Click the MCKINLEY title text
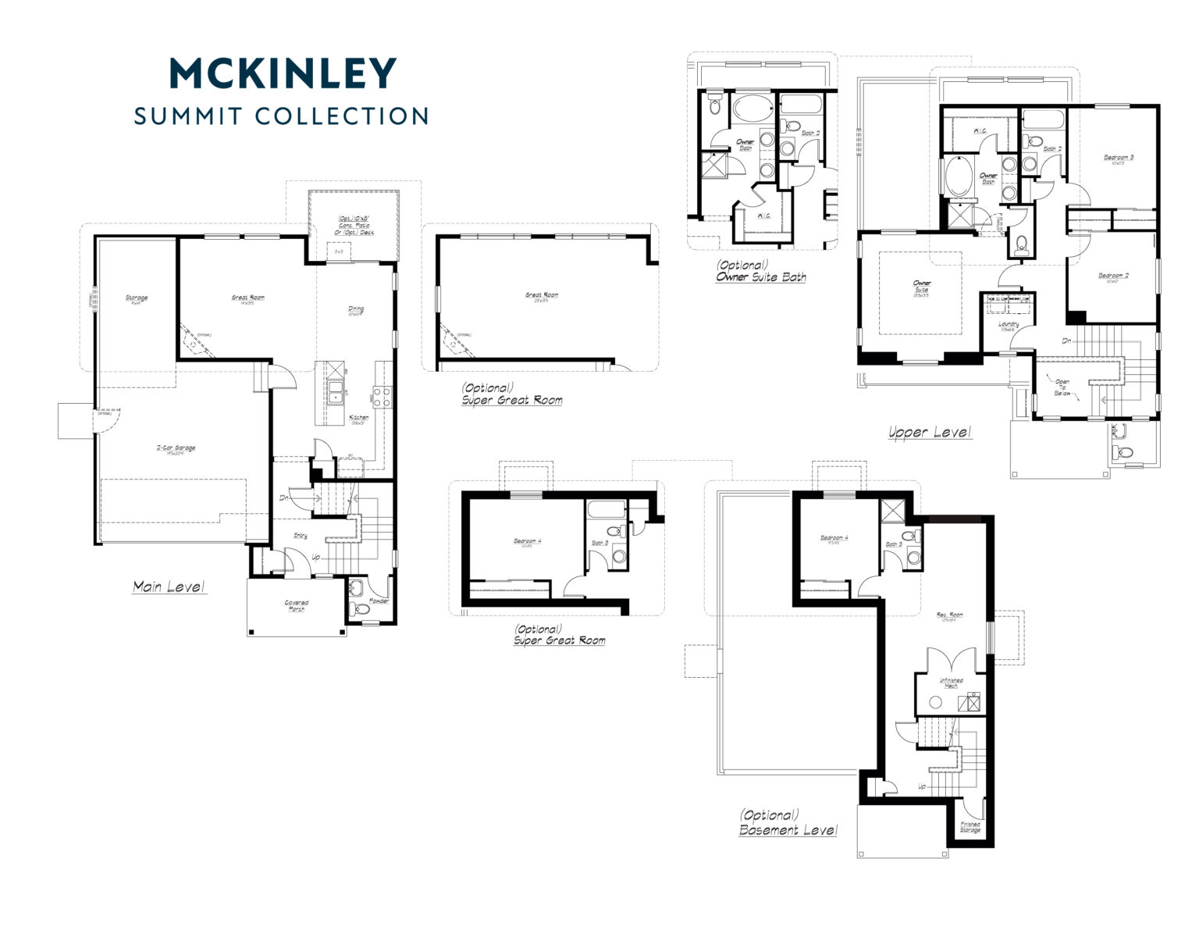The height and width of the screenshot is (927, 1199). coord(283,73)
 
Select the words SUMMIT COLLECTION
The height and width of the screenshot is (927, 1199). coord(281,116)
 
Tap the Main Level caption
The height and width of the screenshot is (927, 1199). coord(169,587)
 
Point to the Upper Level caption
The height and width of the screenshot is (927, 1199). coord(930,432)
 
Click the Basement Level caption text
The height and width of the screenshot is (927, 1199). coord(788,829)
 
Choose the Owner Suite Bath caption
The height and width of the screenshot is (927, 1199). coord(760,276)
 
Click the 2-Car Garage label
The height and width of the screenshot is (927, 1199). coord(176,448)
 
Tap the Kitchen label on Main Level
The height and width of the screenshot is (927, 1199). coord(359,418)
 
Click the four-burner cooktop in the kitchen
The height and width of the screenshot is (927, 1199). coord(382,397)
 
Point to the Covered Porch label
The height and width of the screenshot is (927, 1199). coord(296,605)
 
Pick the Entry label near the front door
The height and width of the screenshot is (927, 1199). coord(300,536)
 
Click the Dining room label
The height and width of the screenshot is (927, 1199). coord(355,309)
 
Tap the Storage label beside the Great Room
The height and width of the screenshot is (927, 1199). coord(136,298)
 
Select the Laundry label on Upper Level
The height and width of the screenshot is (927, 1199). coord(1009,324)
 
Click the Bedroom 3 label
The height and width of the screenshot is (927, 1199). coord(1118,159)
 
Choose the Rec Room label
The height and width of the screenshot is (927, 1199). coord(950,615)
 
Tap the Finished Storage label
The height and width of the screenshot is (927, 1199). coord(970,827)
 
